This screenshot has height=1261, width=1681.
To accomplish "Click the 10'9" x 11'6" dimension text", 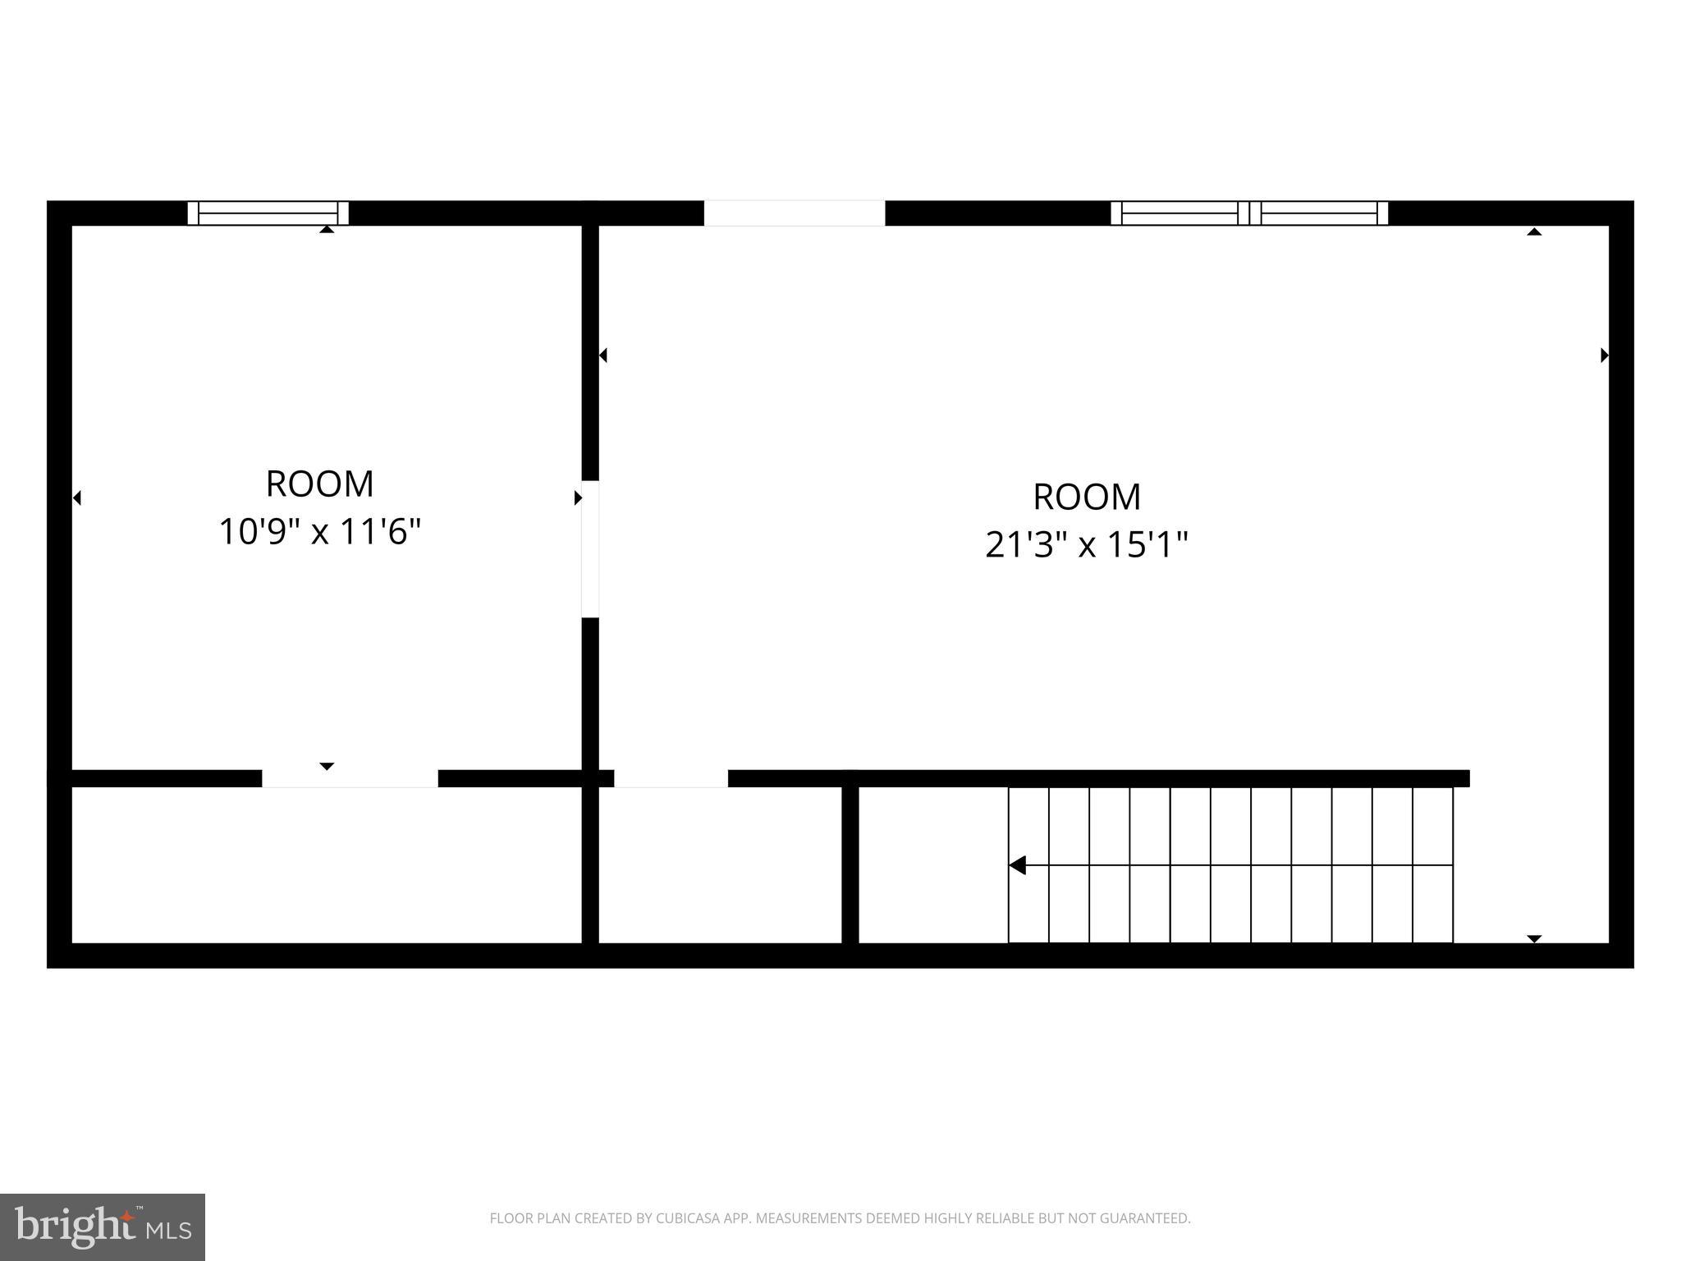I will point(319,532).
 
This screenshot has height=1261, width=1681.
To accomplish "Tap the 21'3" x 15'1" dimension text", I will point(1086,544).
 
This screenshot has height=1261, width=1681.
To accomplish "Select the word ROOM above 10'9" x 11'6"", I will point(319,484).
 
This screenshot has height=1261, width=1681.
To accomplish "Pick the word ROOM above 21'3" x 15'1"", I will point(1086,497).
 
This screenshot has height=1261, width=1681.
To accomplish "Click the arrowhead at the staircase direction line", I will point(1018,865).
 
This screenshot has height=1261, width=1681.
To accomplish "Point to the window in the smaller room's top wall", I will point(268,213).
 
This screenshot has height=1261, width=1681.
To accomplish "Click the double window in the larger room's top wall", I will point(1249,213).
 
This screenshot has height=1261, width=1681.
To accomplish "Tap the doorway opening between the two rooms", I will point(589,548).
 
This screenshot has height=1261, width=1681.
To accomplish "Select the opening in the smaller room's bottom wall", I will point(350,778).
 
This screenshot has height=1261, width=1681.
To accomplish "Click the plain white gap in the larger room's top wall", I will point(794,213).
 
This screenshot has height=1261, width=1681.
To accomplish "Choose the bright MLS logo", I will point(102,1227).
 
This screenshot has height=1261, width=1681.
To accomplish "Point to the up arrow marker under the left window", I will point(327,230).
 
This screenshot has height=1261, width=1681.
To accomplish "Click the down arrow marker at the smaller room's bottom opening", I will point(327,766).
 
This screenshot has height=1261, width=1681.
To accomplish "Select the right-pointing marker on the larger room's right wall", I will point(1604,355).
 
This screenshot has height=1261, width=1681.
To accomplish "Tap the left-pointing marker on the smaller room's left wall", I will point(77,498).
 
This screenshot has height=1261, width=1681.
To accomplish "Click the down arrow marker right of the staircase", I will point(1534,938).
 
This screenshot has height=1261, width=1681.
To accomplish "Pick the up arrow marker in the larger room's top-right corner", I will point(1534,232).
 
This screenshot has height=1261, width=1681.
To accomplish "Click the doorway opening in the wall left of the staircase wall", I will point(671,778).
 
